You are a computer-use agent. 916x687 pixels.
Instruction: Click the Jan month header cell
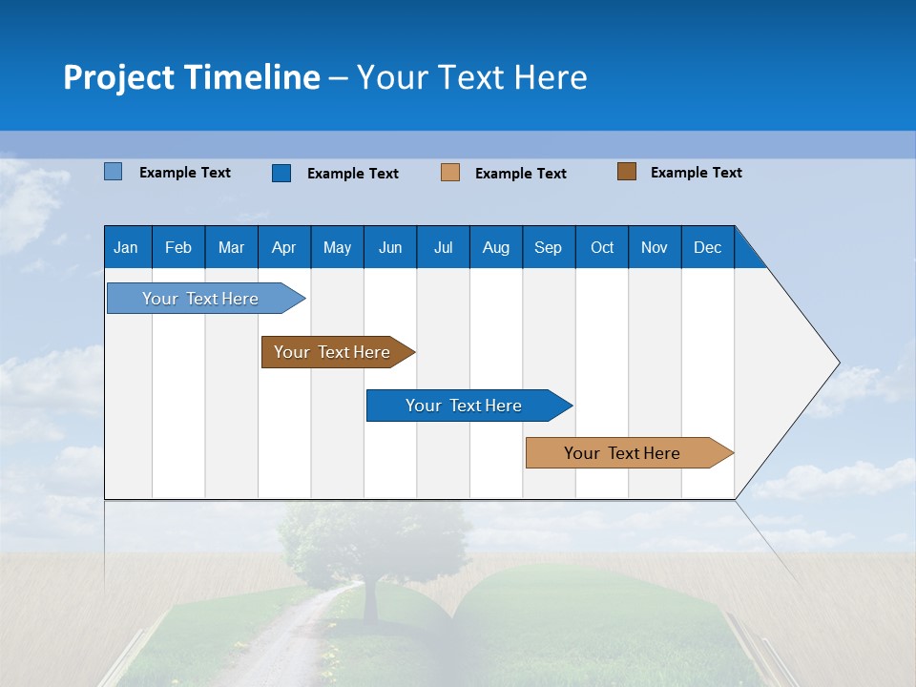point(127,247)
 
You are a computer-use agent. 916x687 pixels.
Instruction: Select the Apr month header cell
point(283,247)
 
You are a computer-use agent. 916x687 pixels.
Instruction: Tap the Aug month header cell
point(495,247)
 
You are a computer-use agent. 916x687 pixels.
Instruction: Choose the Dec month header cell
point(707,247)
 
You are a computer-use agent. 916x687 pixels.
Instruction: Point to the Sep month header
point(548,247)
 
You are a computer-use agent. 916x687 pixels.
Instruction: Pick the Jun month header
point(389,247)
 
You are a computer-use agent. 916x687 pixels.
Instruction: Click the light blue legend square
point(114,172)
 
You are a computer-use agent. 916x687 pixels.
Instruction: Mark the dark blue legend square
point(281,173)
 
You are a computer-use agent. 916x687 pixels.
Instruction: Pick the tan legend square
point(450,173)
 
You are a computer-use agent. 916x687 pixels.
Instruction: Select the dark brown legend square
point(627,172)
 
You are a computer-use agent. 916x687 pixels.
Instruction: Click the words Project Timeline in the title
point(191,77)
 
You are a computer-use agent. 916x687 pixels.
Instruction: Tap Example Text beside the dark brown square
point(696,173)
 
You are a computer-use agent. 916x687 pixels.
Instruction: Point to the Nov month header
point(654,247)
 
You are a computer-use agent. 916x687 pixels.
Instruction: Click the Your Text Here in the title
point(471,77)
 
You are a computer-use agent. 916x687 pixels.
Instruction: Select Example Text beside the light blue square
point(184,173)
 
